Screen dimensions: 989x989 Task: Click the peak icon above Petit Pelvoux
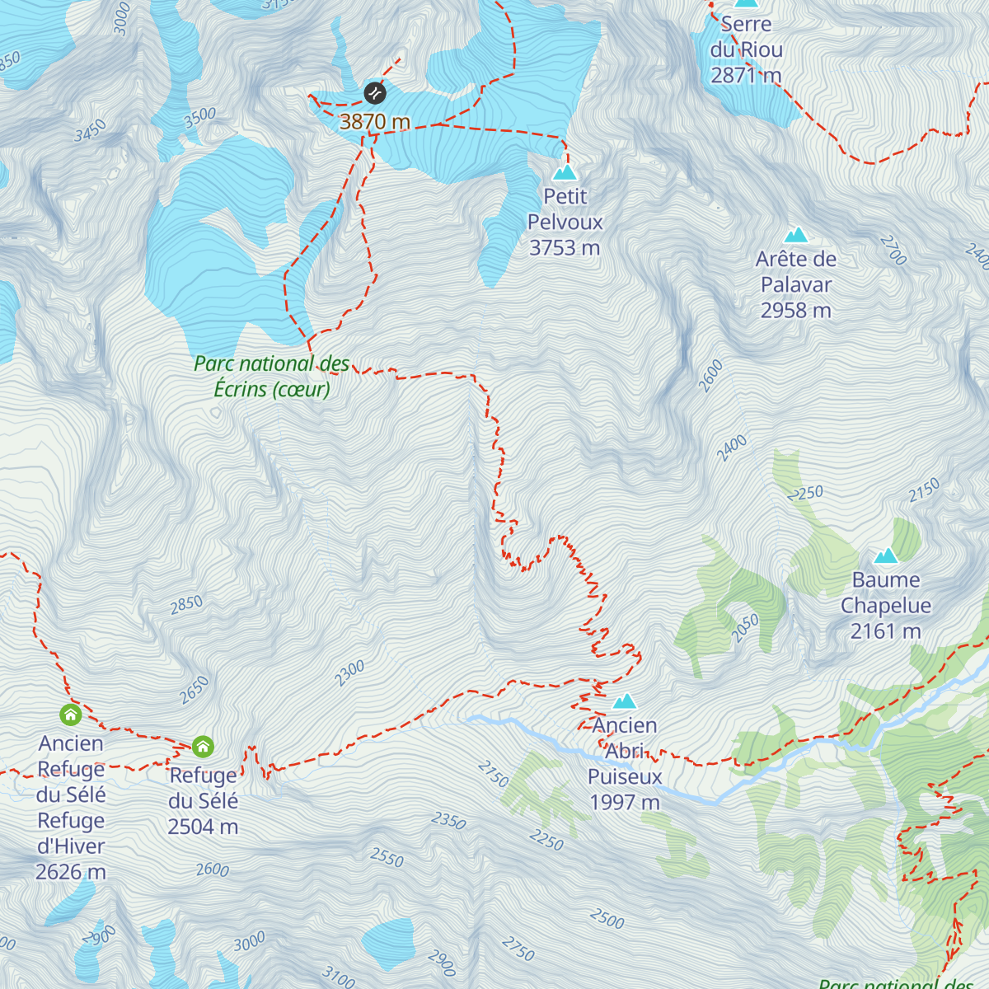(565, 172)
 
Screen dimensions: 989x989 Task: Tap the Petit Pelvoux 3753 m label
(565, 222)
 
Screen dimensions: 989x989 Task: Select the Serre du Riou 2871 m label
(747, 49)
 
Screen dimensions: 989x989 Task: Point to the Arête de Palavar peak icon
(796, 235)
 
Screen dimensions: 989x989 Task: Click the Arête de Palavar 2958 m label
(796, 284)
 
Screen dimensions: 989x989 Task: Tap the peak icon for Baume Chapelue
(886, 555)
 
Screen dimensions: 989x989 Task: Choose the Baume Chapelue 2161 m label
(886, 605)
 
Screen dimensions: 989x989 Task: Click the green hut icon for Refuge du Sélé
(203, 747)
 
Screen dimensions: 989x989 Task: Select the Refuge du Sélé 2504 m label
(204, 800)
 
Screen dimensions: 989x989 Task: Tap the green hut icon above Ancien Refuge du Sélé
(71, 714)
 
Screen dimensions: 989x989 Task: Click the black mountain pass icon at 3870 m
(375, 92)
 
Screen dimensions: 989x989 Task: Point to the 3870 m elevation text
(375, 122)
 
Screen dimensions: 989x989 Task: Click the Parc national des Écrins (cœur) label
(272, 376)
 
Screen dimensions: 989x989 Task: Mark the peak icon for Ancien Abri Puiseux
(625, 701)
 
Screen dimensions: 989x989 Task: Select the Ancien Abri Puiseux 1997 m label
(625, 763)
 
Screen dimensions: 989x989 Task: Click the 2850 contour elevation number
(186, 604)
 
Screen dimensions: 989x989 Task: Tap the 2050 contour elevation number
(745, 629)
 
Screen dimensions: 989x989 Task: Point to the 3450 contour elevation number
(91, 130)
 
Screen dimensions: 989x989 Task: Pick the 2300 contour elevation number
(349, 673)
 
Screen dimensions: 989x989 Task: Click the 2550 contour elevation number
(387, 857)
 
